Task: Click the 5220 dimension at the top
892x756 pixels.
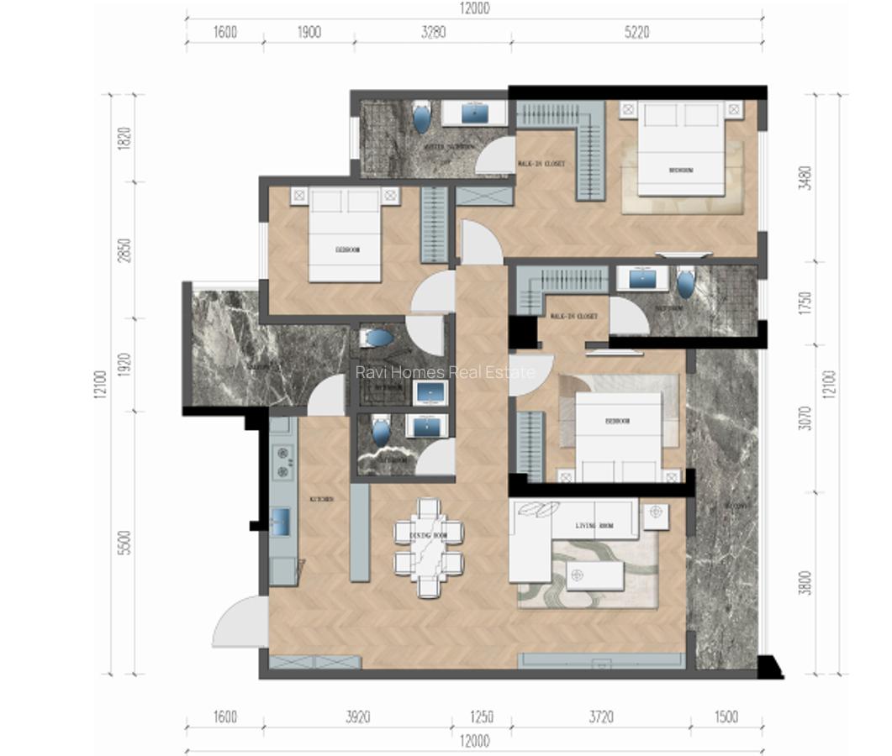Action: point(636,33)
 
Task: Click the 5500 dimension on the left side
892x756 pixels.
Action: point(124,546)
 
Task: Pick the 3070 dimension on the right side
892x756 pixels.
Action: point(805,417)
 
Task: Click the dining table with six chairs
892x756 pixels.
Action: point(429,547)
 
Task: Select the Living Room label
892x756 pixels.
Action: point(594,526)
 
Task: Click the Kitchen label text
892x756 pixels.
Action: point(321,499)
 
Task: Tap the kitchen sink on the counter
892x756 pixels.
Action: point(281,522)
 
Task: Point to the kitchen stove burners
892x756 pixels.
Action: point(282,458)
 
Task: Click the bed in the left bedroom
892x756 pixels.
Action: point(346,236)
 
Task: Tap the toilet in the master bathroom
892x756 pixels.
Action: point(421,118)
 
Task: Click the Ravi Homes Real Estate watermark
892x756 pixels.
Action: point(445,371)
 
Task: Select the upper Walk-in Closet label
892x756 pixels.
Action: point(541,164)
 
